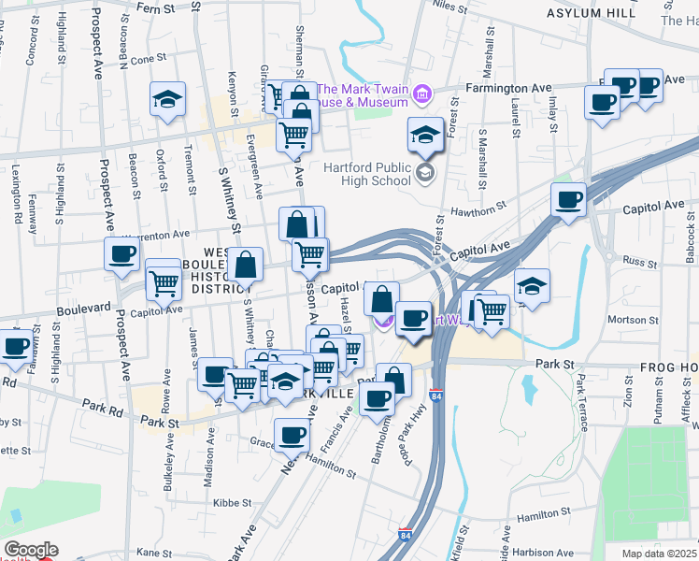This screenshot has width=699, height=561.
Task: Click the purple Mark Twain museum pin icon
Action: click(422, 93)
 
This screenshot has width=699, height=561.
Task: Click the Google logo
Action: click(31, 550)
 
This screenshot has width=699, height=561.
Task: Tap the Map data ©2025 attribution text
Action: click(660, 554)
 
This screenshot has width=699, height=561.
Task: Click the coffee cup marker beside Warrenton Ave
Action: click(121, 253)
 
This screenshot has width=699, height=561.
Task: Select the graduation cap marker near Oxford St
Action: click(167, 98)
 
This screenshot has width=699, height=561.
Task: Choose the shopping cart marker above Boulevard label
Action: click(164, 280)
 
